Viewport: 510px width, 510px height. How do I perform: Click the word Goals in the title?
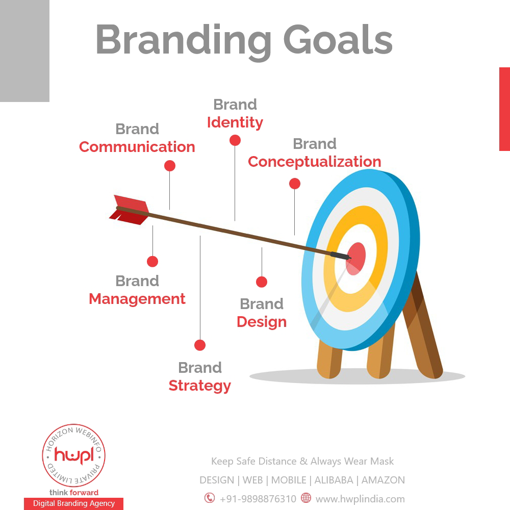pyautogui.click(x=338, y=40)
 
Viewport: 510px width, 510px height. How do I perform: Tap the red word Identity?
pyautogui.click(x=235, y=122)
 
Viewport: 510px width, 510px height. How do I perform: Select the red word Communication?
pyautogui.click(x=137, y=147)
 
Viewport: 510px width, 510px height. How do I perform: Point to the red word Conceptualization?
pyautogui.click(x=315, y=162)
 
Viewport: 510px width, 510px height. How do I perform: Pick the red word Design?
pyautogui.click(x=262, y=322)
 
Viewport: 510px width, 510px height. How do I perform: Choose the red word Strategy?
pyautogui.click(x=200, y=386)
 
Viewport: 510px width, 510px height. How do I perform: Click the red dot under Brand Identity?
pyautogui.click(x=235, y=141)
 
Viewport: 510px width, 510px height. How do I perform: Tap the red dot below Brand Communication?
pyautogui.click(x=170, y=166)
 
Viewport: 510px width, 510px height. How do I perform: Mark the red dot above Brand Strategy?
pyautogui.click(x=200, y=345)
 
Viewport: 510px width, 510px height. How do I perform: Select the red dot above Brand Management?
pyautogui.click(x=152, y=262)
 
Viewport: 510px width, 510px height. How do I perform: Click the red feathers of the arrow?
pyautogui.click(x=130, y=210)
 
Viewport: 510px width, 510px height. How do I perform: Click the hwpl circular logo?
pyautogui.click(x=73, y=455)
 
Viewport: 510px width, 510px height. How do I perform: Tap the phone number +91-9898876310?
pyautogui.click(x=258, y=499)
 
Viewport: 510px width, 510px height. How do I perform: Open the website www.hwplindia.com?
pyautogui.click(x=360, y=499)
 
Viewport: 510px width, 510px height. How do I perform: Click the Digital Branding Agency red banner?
pyautogui.click(x=74, y=503)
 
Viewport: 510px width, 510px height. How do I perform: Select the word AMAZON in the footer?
pyautogui.click(x=383, y=480)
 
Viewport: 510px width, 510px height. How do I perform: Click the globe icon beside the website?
pyautogui.click(x=305, y=498)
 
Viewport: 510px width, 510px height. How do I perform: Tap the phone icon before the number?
pyautogui.click(x=210, y=498)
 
